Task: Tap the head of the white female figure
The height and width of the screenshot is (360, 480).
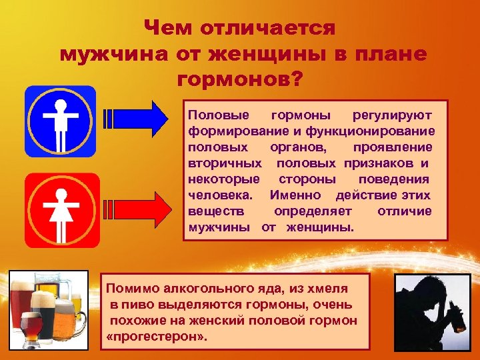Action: [x=61, y=194]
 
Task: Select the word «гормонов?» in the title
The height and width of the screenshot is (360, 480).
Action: [x=240, y=79]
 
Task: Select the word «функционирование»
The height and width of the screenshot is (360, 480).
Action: [x=379, y=131]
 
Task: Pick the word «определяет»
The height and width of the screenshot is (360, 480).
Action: [x=312, y=211]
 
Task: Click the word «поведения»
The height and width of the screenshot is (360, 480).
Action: [x=393, y=179]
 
